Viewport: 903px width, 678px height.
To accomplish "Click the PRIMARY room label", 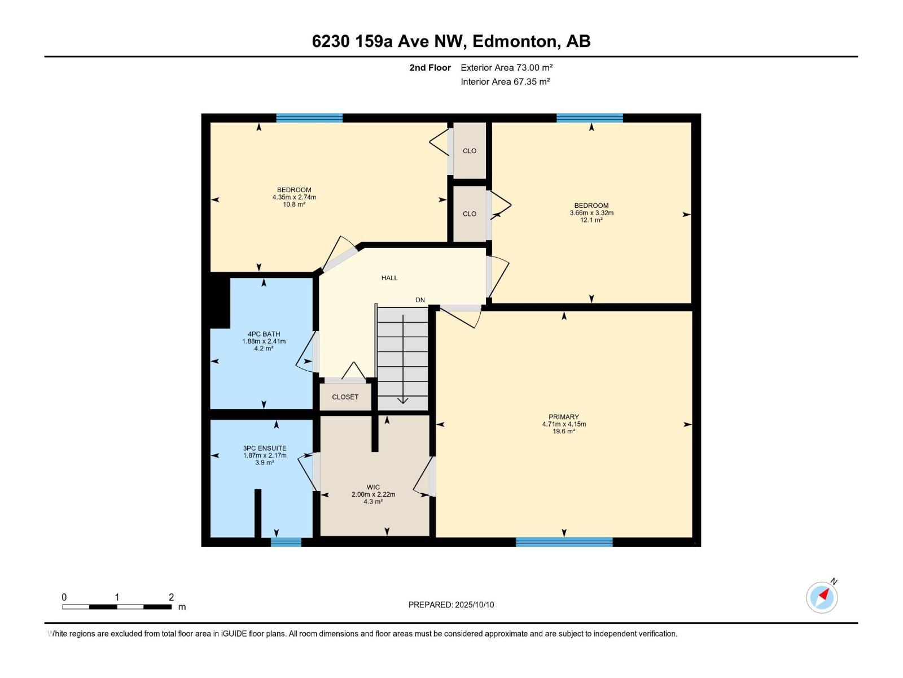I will click(x=563, y=417).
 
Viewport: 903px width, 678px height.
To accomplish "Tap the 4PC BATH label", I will click(x=264, y=334).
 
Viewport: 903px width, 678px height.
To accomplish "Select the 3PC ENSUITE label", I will click(x=265, y=448).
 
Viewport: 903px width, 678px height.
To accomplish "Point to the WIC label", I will click(x=373, y=487).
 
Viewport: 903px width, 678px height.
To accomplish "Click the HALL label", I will click(x=389, y=278).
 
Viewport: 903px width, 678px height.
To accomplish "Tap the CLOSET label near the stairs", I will click(x=345, y=397).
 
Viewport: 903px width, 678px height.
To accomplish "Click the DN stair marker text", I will click(x=420, y=300).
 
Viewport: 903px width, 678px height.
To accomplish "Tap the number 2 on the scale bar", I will click(x=171, y=597).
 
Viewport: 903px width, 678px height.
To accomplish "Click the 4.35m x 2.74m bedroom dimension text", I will click(x=294, y=197).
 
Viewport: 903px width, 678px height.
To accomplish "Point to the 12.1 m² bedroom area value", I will click(x=591, y=220).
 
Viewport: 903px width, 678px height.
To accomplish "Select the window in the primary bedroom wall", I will click(x=564, y=542).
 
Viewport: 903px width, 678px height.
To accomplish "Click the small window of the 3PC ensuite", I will click(x=286, y=542).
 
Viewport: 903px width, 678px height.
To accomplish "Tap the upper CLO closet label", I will click(x=469, y=151).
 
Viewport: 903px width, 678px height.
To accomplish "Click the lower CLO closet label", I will click(x=469, y=214).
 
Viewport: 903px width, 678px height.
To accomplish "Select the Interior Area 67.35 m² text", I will click(x=505, y=81).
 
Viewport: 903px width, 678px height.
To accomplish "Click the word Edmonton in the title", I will click(x=515, y=41).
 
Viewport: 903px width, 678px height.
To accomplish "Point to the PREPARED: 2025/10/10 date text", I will click(x=451, y=605).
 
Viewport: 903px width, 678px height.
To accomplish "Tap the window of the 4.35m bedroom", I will click(x=309, y=118).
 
